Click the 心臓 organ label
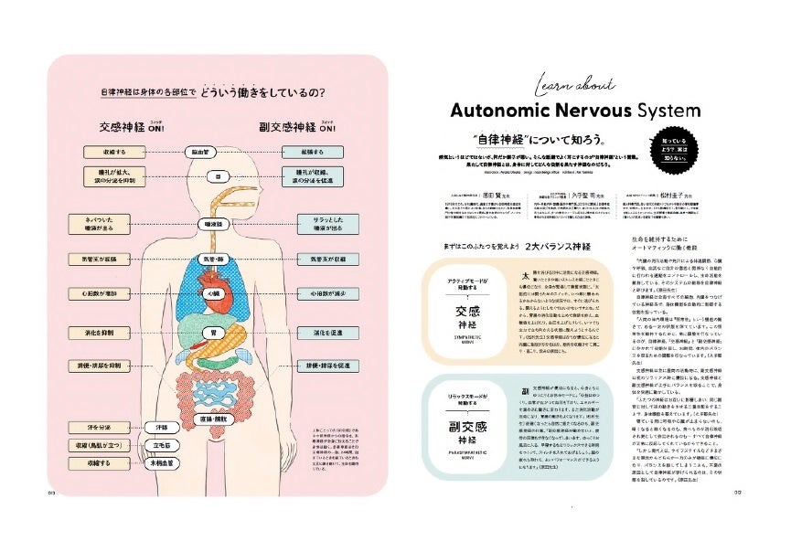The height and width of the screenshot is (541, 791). (216, 294)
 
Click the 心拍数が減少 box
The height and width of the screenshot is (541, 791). (327, 294)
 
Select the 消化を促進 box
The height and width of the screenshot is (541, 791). (327, 334)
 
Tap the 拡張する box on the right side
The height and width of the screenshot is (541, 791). (327, 152)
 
